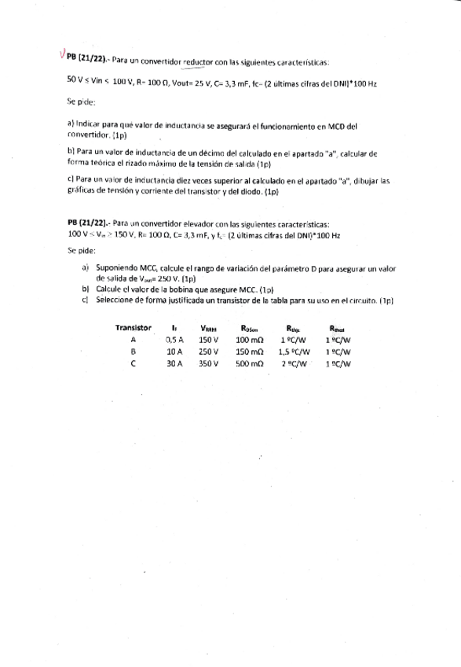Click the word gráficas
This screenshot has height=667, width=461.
(82, 191)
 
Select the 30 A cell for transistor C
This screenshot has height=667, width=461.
(174, 364)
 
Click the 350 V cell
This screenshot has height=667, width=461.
(208, 364)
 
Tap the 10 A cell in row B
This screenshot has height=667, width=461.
(174, 352)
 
